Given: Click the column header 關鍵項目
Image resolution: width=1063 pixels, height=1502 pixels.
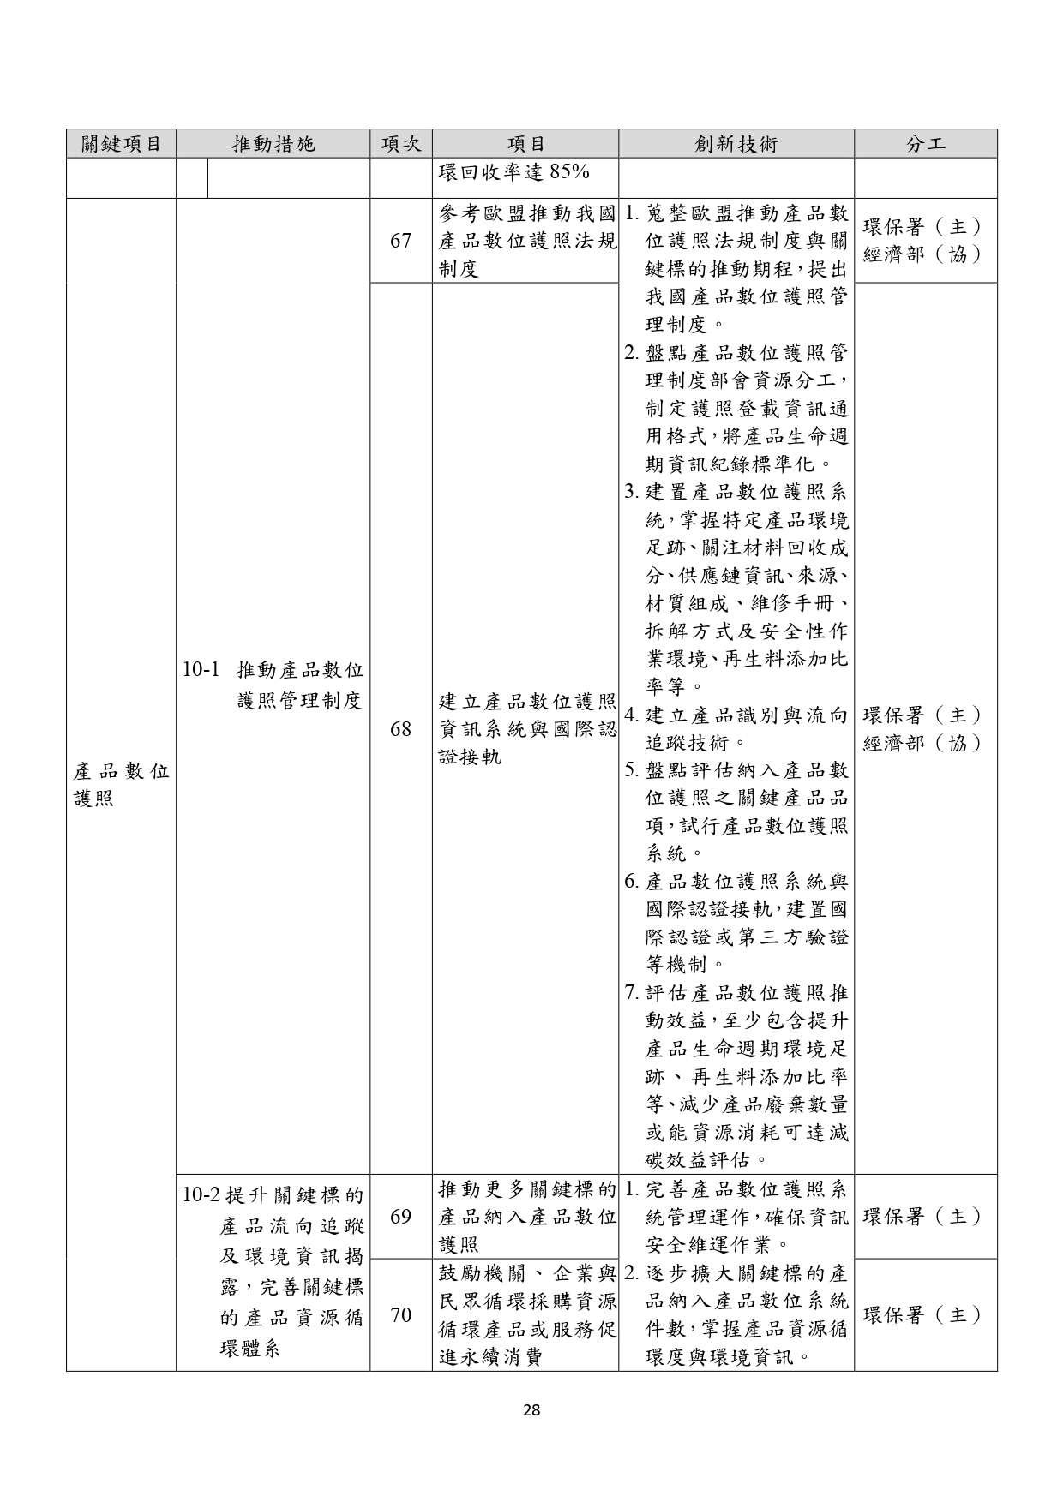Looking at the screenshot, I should [121, 144].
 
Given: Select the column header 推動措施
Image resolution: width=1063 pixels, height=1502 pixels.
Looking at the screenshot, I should [273, 144].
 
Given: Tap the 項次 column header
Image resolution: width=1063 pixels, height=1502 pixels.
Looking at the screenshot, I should [400, 144].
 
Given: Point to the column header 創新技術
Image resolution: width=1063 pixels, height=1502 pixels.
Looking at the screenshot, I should [736, 144].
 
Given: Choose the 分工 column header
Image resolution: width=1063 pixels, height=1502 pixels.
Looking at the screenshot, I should [925, 144].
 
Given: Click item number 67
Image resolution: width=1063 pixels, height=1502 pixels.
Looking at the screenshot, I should [400, 241].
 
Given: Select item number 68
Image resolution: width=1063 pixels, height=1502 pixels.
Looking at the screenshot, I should [400, 729].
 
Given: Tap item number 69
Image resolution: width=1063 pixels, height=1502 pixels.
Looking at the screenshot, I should [400, 1217].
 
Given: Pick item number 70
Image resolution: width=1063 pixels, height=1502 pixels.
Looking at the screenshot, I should [400, 1315].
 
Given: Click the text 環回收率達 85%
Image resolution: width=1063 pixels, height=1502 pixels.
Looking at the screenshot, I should [513, 172].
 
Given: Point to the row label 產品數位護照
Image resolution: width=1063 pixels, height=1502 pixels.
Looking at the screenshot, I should [121, 785].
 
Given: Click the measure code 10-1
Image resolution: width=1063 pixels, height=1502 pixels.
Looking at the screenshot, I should [202, 669].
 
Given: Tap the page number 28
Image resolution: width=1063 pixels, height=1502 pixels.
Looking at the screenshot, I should [531, 1409].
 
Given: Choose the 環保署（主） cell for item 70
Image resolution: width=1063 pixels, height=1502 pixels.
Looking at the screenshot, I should [922, 1315].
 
